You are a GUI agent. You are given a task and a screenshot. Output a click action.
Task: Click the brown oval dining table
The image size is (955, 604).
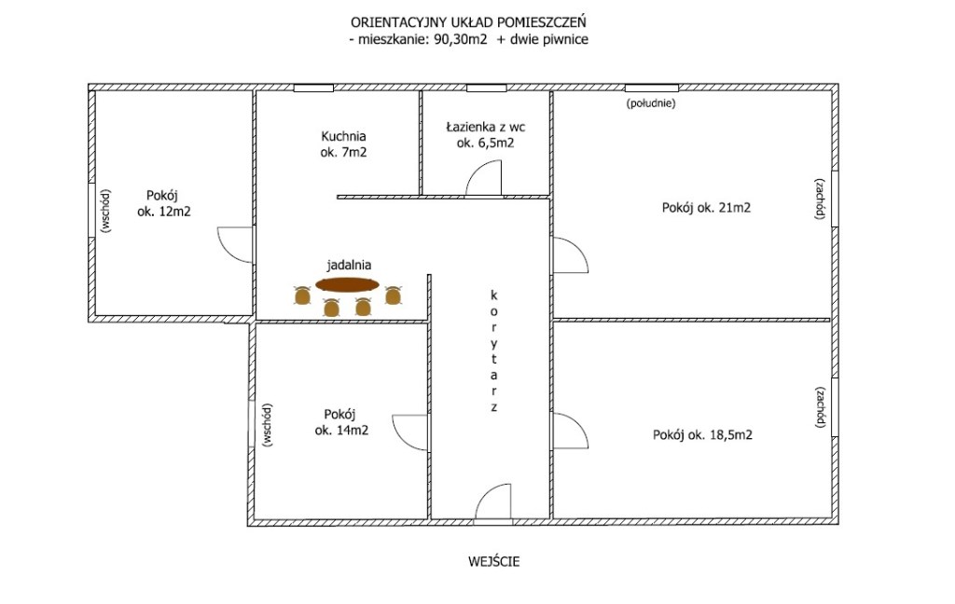(x=347, y=284)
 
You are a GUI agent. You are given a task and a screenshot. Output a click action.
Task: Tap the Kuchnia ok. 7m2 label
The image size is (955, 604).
(x=343, y=144)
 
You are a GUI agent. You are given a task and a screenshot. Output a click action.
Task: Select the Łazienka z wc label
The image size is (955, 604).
(x=485, y=128)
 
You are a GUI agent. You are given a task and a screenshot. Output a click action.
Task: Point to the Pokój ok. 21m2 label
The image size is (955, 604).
(x=706, y=208)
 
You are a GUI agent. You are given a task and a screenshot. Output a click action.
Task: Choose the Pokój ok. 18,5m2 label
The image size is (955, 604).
(x=702, y=434)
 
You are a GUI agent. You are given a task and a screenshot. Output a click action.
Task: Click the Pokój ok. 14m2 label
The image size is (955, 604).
(x=341, y=422)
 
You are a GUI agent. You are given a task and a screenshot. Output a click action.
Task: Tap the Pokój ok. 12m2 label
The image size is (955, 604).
(x=163, y=204)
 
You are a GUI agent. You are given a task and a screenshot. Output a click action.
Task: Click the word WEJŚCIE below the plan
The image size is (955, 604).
(x=494, y=561)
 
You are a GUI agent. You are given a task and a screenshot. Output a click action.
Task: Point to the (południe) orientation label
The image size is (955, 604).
(x=650, y=103)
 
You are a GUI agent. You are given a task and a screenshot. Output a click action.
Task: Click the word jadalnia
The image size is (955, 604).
(x=349, y=265)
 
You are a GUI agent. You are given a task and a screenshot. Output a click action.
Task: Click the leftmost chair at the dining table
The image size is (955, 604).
(x=302, y=295)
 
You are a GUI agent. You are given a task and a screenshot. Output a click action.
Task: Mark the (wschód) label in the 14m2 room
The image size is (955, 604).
(x=268, y=425)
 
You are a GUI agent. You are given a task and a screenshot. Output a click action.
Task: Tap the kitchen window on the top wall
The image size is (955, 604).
(x=313, y=89)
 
